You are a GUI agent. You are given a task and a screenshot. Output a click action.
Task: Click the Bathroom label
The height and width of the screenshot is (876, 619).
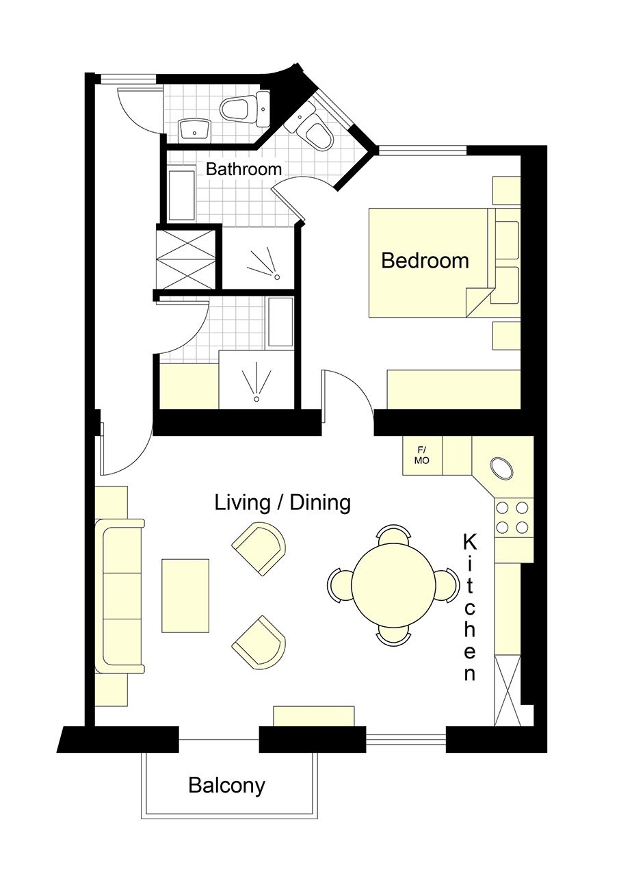243,169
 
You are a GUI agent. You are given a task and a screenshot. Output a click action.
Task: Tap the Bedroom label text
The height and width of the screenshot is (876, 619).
425,260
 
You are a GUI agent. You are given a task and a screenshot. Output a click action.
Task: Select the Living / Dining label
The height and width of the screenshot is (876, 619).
282,502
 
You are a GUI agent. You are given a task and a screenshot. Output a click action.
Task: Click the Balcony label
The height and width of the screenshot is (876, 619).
226,785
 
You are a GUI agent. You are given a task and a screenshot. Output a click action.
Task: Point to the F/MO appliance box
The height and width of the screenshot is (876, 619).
422,456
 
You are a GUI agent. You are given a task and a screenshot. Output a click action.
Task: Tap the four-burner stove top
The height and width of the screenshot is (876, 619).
514,518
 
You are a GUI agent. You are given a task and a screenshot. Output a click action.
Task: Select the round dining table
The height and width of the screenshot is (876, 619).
393,584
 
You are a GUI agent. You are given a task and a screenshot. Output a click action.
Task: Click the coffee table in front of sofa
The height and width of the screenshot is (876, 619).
185,595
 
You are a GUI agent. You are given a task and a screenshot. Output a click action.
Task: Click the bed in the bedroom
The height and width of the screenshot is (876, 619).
432,263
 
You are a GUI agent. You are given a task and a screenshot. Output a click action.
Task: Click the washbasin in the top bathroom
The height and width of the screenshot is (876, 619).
195,131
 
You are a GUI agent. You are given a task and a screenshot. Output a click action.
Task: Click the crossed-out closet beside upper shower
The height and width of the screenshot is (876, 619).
185,259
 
